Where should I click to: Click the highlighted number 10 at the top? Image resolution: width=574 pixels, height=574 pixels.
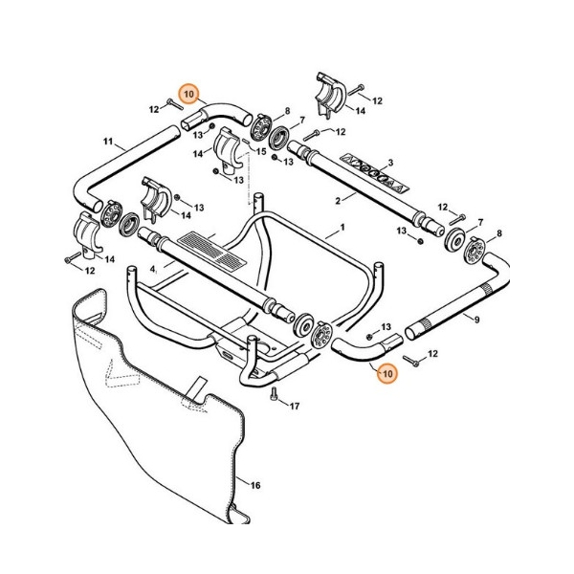189,94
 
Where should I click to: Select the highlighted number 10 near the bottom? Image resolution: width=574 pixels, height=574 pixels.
386,375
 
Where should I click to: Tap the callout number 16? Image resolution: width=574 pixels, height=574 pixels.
254,486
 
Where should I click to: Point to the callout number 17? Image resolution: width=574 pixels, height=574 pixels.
294,407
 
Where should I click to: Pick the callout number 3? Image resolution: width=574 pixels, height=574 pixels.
389,164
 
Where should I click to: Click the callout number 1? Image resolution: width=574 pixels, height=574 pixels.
340,231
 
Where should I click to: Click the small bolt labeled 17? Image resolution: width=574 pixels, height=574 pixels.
275,394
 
